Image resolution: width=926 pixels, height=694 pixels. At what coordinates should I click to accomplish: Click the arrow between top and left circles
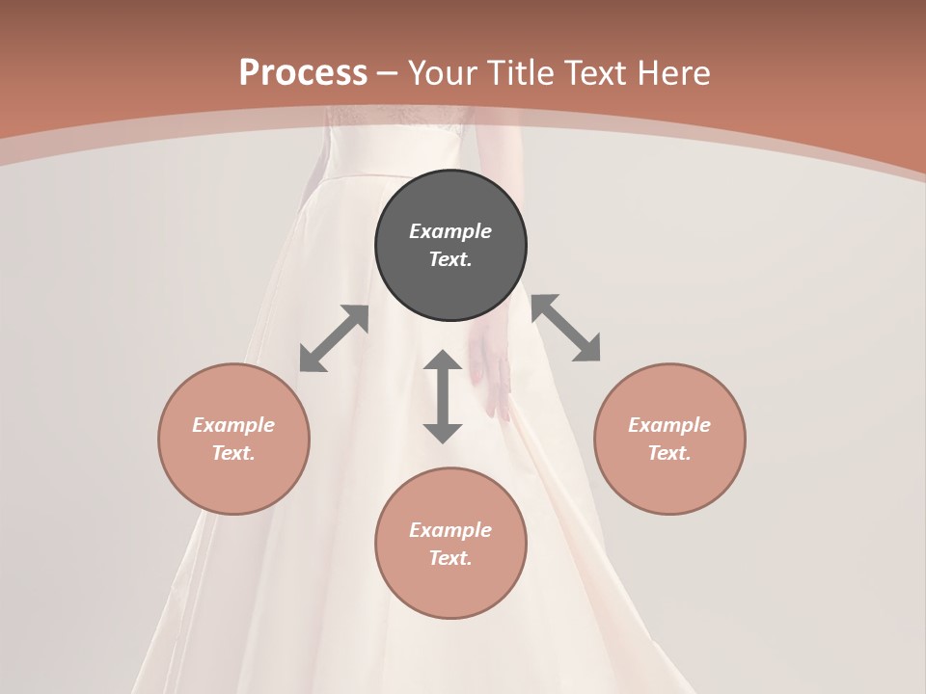[x=334, y=338]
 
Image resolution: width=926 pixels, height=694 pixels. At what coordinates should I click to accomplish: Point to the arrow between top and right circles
[x=565, y=328]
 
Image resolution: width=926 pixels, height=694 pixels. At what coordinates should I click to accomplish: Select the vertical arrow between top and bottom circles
[x=443, y=396]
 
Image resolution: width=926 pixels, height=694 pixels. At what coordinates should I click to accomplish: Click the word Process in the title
[x=303, y=72]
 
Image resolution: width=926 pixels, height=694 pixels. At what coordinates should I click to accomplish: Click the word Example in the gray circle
[x=450, y=231]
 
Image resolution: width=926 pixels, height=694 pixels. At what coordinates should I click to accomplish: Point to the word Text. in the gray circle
[x=450, y=259]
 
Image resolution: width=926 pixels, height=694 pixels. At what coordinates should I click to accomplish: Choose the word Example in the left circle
[x=233, y=425]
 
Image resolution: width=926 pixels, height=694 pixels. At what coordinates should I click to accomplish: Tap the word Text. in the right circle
[x=669, y=453]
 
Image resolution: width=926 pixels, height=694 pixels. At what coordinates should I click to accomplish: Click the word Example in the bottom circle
[x=450, y=530]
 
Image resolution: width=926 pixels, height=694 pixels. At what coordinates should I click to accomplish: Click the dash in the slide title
[x=388, y=73]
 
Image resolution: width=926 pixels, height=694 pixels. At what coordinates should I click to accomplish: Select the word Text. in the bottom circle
[x=450, y=558]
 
